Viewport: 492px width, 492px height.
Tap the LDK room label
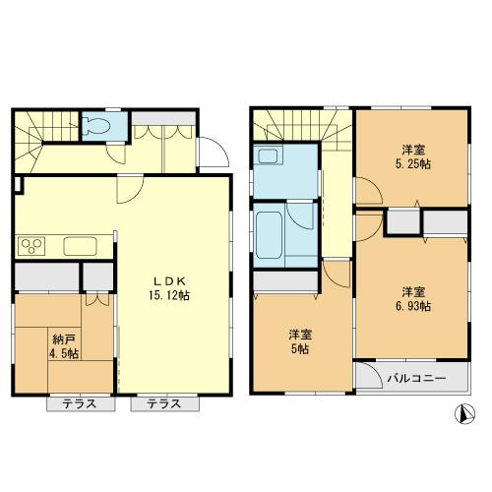coord(162,279)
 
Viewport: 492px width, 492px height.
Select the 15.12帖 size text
coord(163,294)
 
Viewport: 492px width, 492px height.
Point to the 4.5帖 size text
coord(61,353)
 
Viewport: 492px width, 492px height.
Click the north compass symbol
coord(461,415)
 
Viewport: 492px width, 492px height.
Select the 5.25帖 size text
coord(413,165)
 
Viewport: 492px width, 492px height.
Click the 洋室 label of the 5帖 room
coord(300,333)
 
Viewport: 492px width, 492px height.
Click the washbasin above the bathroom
coord(267,157)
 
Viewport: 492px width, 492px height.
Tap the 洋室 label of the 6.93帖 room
coord(413,291)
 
